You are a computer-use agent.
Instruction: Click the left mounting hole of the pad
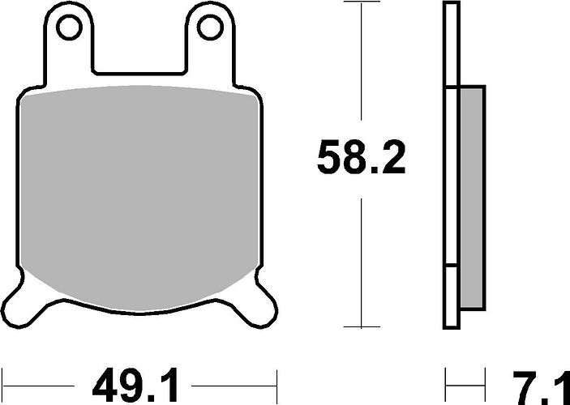coord(69,28)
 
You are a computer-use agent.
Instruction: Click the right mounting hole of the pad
coord(210,28)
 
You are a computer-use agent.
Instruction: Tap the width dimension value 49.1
coord(135,386)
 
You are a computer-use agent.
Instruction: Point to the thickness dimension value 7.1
coord(541,387)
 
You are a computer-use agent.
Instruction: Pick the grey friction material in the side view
coord(472,198)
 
